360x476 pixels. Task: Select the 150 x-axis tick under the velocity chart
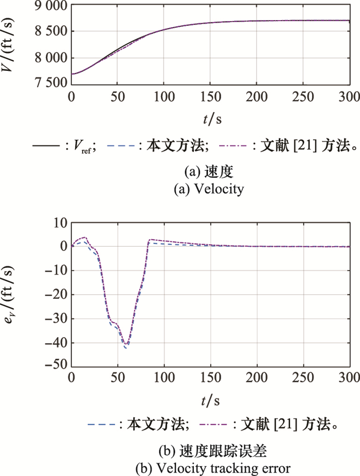(x=210, y=97)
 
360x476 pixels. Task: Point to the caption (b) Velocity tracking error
(x=211, y=468)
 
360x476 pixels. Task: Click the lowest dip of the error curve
(x=124, y=348)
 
